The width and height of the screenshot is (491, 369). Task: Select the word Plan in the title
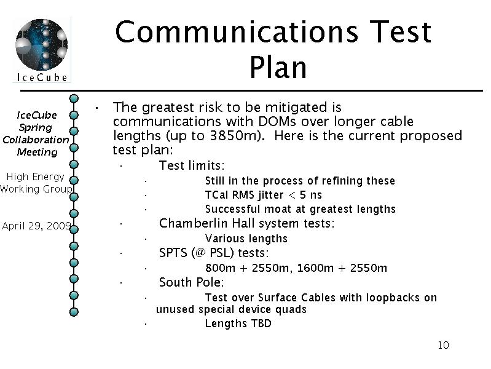point(278,68)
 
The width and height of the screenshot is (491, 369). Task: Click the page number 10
point(443,345)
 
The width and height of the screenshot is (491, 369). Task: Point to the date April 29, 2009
point(36,226)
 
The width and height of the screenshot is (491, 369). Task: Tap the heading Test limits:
point(192,165)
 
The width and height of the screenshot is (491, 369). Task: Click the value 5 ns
point(310,195)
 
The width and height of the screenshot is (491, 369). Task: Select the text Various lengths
point(246,239)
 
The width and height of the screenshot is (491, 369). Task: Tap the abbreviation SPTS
point(173,253)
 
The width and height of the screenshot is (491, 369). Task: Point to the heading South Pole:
point(191,282)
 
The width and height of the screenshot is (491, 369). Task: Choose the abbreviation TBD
point(261,323)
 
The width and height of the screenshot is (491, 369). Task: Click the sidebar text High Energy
point(36,177)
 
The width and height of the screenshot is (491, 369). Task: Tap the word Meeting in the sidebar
point(37,153)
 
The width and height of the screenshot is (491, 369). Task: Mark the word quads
point(291,310)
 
